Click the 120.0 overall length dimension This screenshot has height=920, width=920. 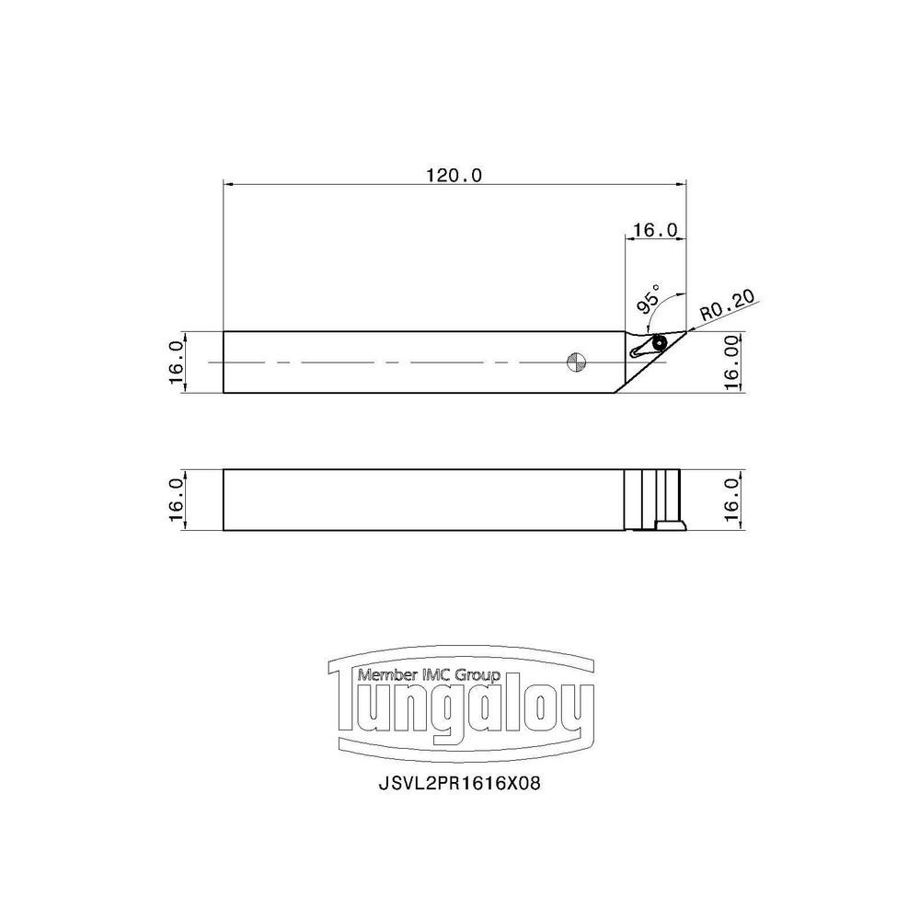pyautogui.click(x=454, y=175)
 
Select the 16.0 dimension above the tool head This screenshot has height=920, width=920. pyautogui.click(x=655, y=229)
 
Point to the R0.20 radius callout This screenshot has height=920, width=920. pyautogui.click(x=727, y=305)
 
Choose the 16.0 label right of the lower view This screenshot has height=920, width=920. pyautogui.click(x=733, y=500)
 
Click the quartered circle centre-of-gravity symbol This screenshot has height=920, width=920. pyautogui.click(x=575, y=362)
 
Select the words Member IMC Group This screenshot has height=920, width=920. pyautogui.click(x=429, y=675)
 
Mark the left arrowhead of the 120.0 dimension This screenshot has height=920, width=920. pyautogui.click(x=228, y=183)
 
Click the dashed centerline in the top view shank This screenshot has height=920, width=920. pyautogui.click(x=396, y=362)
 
